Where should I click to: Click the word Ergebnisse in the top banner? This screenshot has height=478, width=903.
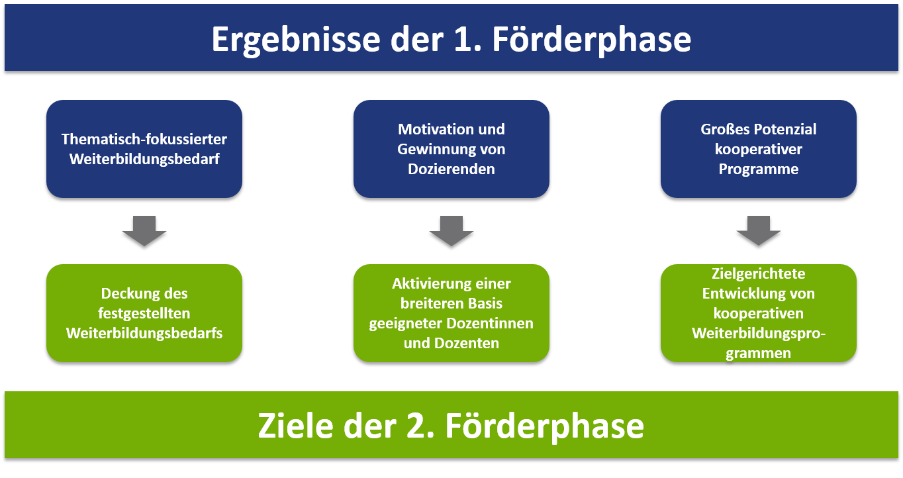[x=296, y=40]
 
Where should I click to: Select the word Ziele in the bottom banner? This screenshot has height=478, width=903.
[x=295, y=426]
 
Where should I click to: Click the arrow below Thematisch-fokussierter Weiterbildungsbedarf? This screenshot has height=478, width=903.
[x=144, y=230]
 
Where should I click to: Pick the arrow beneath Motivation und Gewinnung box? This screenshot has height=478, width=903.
[x=451, y=230]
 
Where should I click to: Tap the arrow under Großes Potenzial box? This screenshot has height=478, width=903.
[x=759, y=230]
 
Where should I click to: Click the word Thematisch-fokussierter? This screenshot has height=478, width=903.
[x=144, y=139]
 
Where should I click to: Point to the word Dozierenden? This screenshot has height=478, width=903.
[x=451, y=169]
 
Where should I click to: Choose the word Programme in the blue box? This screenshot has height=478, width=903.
[x=759, y=169]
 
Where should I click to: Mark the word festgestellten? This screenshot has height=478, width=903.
[x=144, y=314]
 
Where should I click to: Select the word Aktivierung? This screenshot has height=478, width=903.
[x=431, y=284]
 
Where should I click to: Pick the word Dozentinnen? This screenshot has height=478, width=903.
[x=490, y=323]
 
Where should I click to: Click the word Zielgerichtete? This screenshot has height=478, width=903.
[x=759, y=274]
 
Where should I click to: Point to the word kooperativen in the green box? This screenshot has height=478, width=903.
[x=759, y=314]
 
